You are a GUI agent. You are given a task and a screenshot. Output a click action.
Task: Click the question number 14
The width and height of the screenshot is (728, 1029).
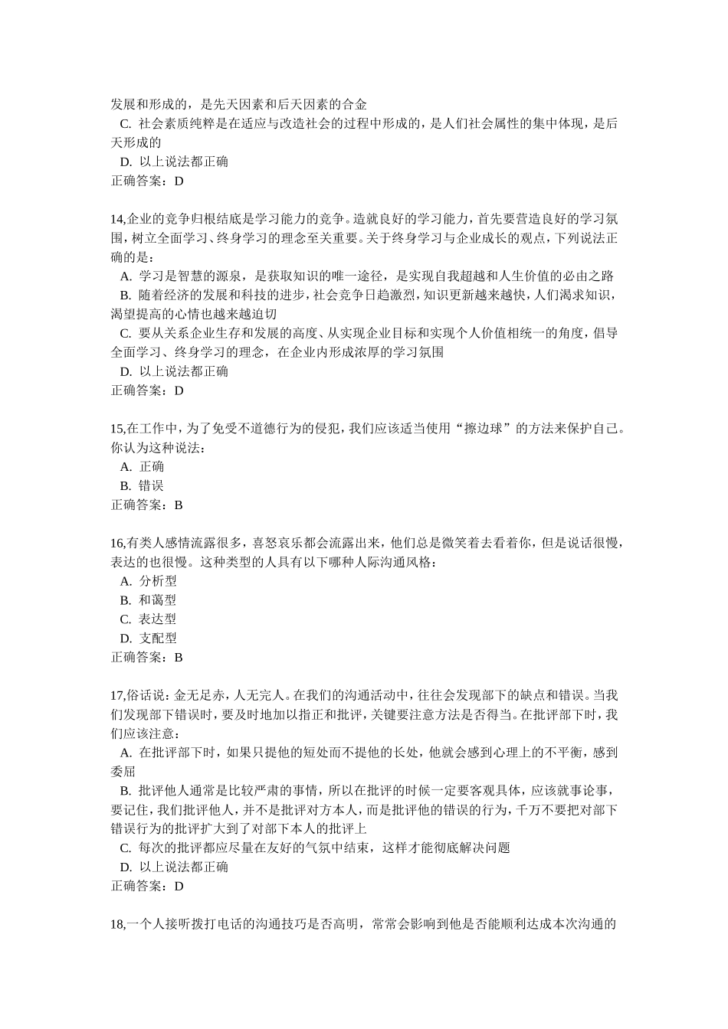118,219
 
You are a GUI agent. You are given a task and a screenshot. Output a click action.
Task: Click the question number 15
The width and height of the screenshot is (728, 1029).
118,429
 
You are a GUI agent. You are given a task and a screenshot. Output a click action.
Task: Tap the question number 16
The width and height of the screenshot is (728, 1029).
118,543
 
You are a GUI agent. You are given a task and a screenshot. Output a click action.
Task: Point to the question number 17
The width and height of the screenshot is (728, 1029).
118,695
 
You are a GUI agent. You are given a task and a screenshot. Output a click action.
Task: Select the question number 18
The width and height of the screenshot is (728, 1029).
118,924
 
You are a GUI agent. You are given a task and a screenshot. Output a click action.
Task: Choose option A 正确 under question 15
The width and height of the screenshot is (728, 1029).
143,466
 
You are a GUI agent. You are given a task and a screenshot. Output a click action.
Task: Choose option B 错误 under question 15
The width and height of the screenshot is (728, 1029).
143,485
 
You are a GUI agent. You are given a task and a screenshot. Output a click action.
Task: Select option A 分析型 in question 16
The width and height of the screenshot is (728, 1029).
149,581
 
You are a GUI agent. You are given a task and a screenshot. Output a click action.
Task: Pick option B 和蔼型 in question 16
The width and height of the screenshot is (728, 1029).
149,600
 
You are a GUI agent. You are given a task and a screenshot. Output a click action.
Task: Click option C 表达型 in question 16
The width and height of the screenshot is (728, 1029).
149,619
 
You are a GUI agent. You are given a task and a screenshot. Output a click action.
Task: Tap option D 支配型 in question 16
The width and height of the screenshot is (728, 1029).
149,638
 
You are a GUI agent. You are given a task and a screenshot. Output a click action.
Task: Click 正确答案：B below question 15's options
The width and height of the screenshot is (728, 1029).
147,505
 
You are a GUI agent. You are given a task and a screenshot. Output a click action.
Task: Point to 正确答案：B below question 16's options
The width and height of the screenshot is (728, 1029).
147,657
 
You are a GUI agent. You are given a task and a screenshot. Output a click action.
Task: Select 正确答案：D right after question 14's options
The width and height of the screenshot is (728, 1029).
147,390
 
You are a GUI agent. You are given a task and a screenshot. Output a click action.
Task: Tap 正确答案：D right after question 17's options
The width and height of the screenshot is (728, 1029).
147,886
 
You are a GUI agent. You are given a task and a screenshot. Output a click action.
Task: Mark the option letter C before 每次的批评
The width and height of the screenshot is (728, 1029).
125,848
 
